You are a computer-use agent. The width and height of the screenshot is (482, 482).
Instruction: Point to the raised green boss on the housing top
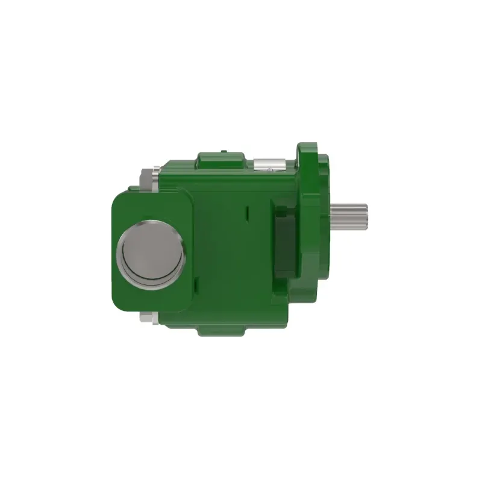point(221,160)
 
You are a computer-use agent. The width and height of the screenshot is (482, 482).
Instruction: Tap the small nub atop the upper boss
point(223,151)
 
